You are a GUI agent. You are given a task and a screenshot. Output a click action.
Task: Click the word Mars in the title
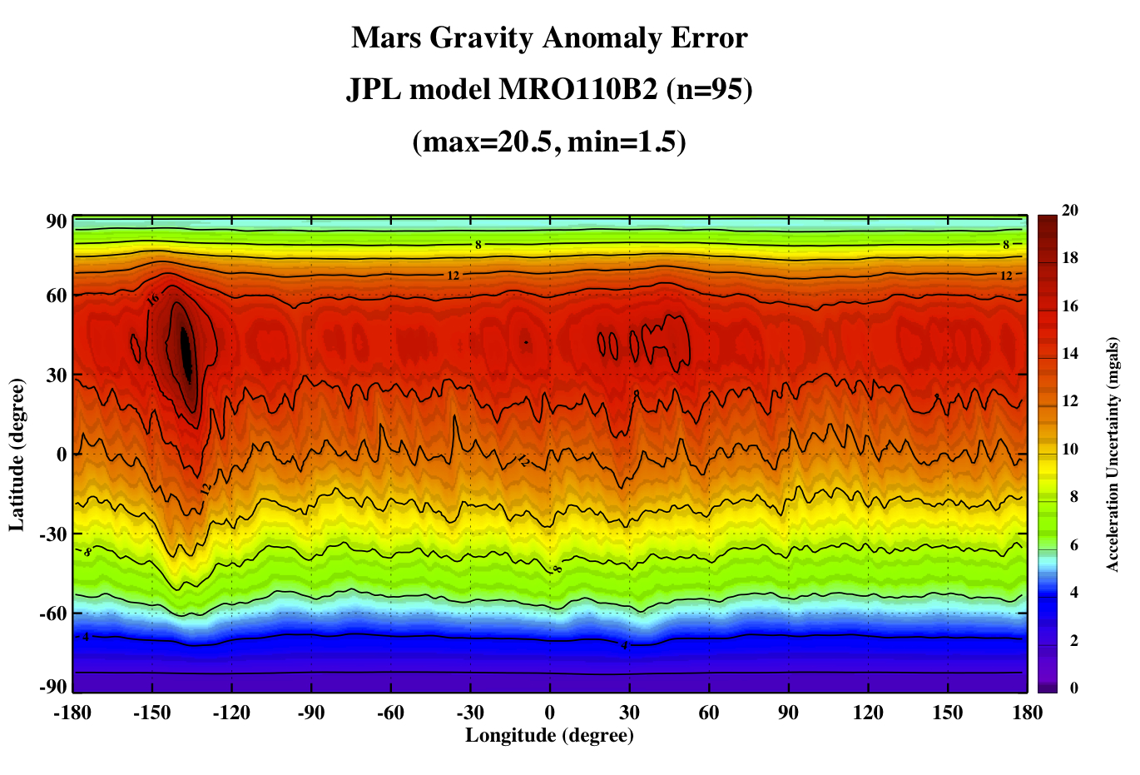coord(386,37)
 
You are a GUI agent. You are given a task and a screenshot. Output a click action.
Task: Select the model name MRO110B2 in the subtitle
coord(577,90)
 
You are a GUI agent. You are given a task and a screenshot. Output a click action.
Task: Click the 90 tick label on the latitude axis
coord(57,222)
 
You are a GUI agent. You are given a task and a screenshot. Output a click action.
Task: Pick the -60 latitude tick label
coord(53,614)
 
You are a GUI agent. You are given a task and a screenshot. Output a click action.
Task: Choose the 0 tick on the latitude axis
coord(62,455)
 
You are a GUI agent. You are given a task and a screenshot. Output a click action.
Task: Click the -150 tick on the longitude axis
coord(151,713)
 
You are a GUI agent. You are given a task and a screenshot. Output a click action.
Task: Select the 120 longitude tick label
coord(868,713)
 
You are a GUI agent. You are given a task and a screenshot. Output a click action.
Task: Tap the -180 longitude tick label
coord(72,713)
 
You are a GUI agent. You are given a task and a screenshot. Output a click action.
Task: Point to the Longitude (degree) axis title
coord(550,735)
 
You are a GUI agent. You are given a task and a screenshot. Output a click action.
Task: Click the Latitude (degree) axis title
coord(17,455)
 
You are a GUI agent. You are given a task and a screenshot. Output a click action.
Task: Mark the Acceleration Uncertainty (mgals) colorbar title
coord(1113,455)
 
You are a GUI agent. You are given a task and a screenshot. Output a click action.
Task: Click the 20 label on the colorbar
coord(1070,210)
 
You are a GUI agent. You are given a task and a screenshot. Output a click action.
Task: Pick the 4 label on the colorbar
coord(1073,592)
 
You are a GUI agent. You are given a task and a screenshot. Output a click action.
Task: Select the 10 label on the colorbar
coord(1070,450)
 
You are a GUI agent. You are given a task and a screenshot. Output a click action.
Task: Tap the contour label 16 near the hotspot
coord(152,299)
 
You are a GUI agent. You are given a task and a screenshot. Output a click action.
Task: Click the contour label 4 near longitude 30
coord(624,646)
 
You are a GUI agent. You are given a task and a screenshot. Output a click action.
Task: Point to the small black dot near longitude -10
coord(526,343)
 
